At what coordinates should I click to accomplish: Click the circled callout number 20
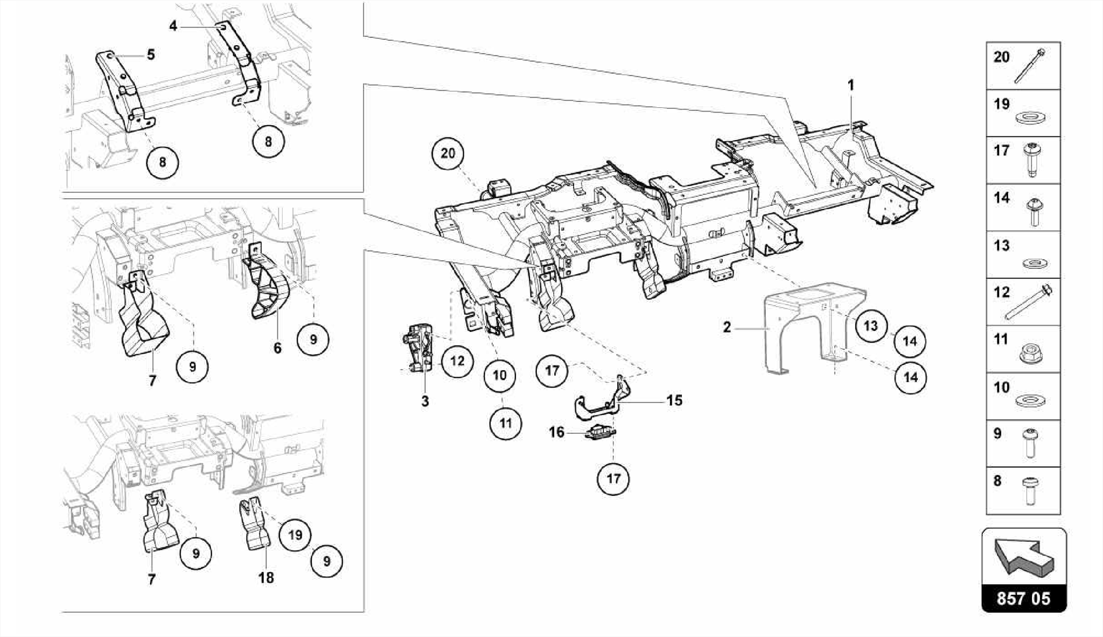click(448, 154)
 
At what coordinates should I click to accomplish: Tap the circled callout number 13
click(870, 326)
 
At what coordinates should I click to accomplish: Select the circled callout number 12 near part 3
click(457, 361)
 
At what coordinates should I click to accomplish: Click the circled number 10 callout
click(499, 375)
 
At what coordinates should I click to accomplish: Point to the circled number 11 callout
click(505, 423)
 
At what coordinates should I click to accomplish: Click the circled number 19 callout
click(295, 535)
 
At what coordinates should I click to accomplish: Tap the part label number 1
click(851, 85)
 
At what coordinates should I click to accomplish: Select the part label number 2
click(727, 327)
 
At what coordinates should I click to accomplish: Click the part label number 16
click(556, 432)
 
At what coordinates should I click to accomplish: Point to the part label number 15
click(674, 400)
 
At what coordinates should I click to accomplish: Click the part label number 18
click(266, 578)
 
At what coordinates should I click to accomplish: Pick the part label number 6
click(277, 348)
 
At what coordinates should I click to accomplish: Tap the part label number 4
click(173, 25)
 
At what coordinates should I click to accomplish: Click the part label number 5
click(151, 54)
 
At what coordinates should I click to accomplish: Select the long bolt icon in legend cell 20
click(1030, 67)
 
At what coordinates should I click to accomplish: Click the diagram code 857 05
click(1023, 599)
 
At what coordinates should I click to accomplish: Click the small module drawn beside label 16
click(599, 432)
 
